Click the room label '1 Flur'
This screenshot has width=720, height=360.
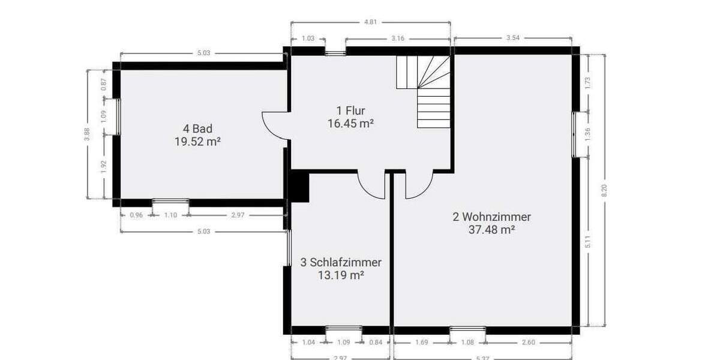click(351, 110)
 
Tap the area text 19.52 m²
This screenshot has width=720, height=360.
click(197, 143)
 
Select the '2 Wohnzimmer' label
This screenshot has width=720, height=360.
click(491, 217)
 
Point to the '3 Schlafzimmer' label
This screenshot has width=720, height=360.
click(341, 262)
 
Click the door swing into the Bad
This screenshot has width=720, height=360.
click(275, 126)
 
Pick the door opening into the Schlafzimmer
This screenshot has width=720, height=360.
click(372, 185)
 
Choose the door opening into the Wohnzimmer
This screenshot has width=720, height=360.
click(419, 185)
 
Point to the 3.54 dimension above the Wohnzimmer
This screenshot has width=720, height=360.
click(512, 38)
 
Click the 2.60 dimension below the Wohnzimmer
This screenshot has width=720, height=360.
click(529, 343)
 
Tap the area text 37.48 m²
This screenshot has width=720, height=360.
click(491, 230)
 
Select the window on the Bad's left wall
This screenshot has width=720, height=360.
click(118, 116)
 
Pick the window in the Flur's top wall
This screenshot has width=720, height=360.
click(335, 52)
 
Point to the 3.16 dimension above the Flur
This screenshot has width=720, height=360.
click(397, 38)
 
